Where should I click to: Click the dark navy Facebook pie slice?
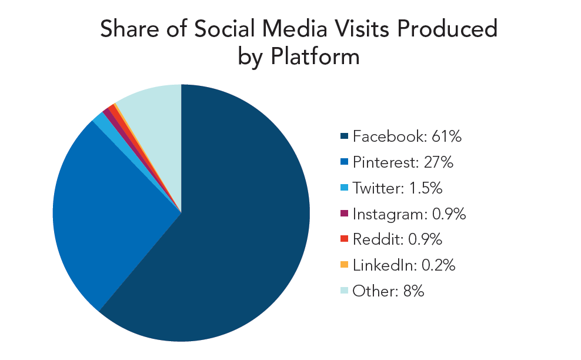(235, 235)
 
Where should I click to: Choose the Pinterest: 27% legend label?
(403, 163)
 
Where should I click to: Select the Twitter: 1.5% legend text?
(397, 188)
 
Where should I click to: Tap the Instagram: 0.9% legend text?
(409, 214)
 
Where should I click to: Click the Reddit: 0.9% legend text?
(397, 239)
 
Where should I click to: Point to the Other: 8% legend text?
(388, 291)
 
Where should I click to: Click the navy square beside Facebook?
(344, 138)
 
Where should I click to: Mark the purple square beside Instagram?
(344, 214)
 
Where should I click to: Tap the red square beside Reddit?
(344, 240)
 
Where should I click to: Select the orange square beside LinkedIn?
(344, 265)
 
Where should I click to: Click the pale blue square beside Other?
(344, 291)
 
